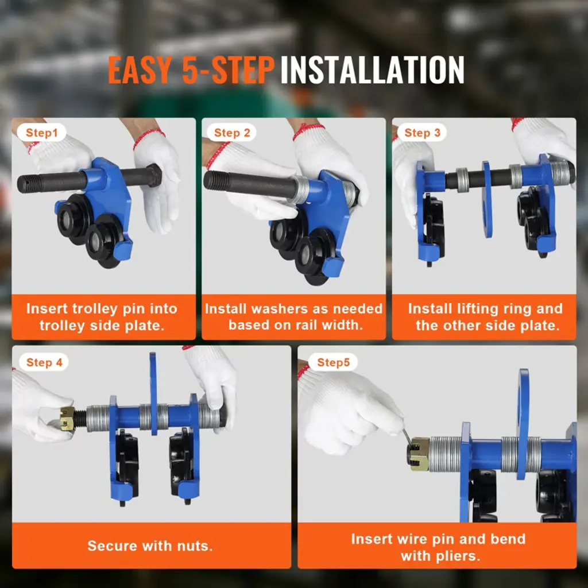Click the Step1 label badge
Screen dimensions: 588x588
(x=41, y=133)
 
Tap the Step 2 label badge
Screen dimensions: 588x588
(x=232, y=133)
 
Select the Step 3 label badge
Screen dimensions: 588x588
(x=422, y=133)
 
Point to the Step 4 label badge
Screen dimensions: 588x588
(x=44, y=362)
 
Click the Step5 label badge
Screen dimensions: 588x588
(x=333, y=362)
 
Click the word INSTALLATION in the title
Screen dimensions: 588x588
(x=372, y=70)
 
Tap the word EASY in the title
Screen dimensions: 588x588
(x=140, y=70)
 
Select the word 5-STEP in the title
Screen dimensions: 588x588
(x=228, y=70)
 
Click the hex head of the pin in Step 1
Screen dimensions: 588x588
(x=153, y=176)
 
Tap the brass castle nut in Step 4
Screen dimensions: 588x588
(x=67, y=418)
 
